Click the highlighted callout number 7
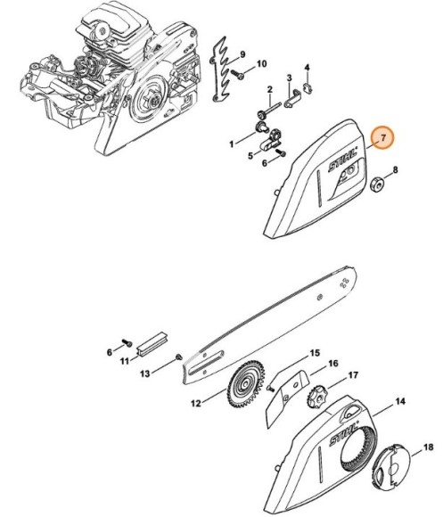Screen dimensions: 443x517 pos(383,138)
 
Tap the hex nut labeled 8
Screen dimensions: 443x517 pos(377,185)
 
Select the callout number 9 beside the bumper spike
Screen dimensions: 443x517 pos(242,54)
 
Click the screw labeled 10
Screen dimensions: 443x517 pos(237,74)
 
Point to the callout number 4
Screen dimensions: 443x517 pos(307,68)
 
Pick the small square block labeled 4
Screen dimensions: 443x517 pos(308,87)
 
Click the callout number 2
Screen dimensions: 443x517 pos(270,89)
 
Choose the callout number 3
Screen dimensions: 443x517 pos(290,78)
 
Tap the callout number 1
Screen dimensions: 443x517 pos(232,144)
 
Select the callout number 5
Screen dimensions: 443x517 pos(251,155)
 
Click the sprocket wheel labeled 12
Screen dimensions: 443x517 pos(246,384)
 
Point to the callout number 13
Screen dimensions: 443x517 pos(145,373)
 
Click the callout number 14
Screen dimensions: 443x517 pos(400,402)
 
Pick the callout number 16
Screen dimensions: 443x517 pos(333,364)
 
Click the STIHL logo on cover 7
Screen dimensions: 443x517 pos(343,160)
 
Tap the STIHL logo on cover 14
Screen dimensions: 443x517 pos(344,433)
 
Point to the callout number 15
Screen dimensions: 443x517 pos(315,353)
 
